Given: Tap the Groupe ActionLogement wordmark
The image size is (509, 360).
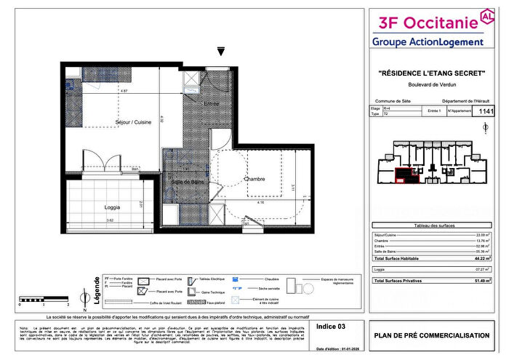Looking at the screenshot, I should click(428, 42).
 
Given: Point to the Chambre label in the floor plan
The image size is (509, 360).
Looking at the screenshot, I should click(254, 178).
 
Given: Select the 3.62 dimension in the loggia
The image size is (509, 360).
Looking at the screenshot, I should click(108, 220).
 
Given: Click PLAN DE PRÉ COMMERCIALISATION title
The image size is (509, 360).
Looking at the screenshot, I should click(432, 335).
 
